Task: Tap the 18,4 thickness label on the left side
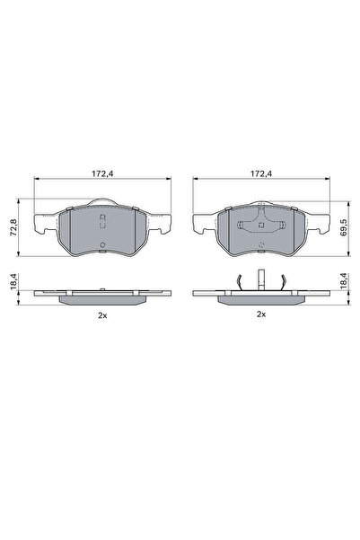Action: click(x=14, y=281)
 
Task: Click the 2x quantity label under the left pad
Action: click(x=102, y=315)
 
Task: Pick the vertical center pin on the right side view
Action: click(x=261, y=279)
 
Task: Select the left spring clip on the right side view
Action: click(x=241, y=282)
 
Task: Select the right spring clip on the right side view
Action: click(x=282, y=282)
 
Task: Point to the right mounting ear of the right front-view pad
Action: click(x=319, y=224)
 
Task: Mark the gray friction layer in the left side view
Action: click(x=102, y=300)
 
